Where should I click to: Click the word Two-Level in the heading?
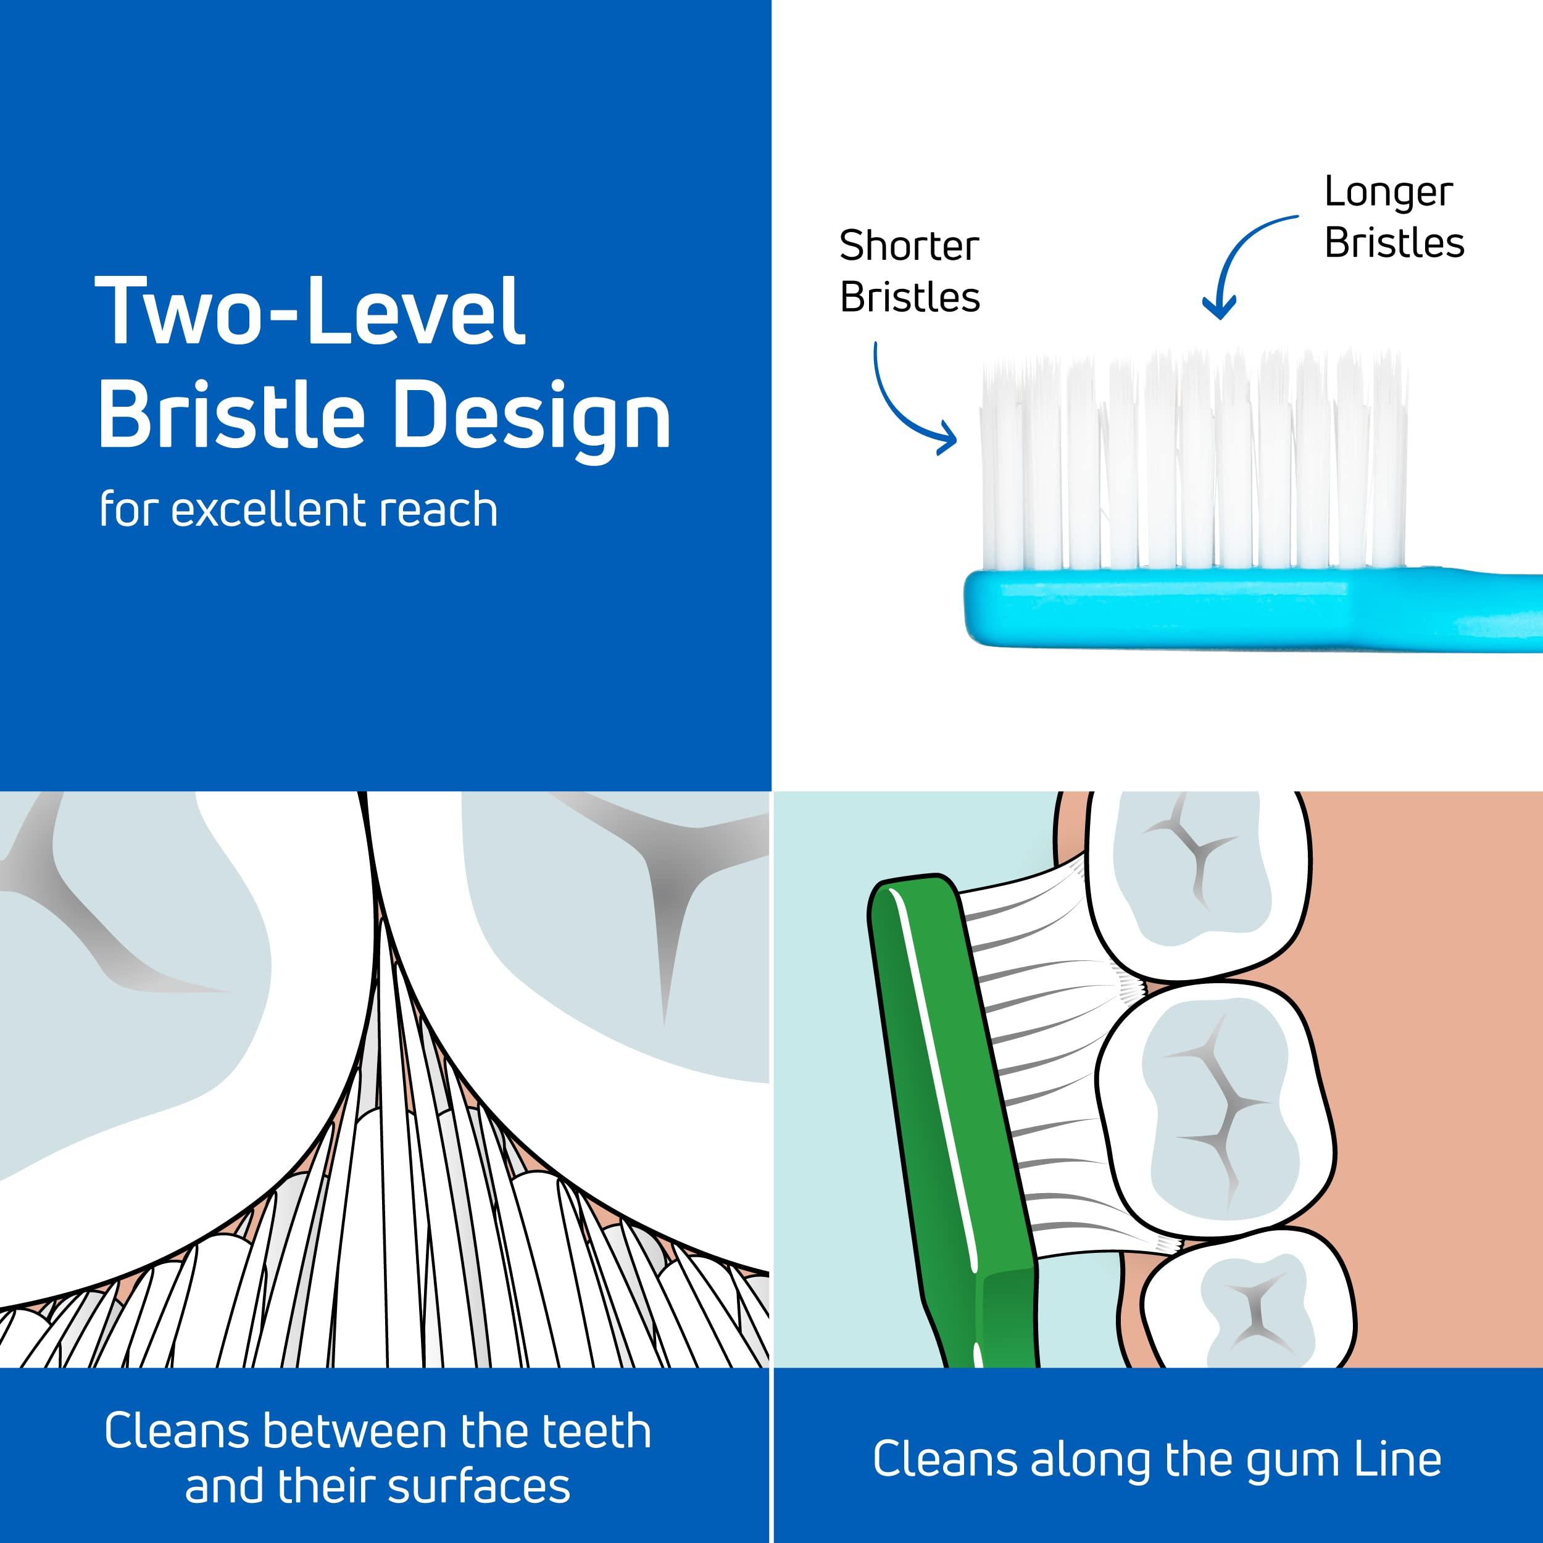[x=310, y=312]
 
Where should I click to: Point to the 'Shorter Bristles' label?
[x=909, y=272]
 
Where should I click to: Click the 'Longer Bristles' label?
[x=1394, y=217]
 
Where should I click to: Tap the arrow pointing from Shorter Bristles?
[x=907, y=403]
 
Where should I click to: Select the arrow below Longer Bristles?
[x=1242, y=264]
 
